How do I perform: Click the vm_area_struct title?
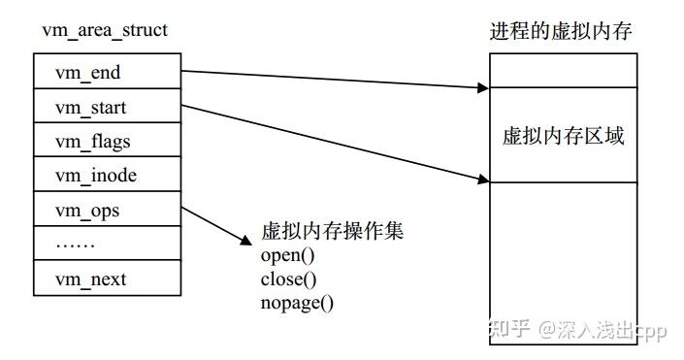104,30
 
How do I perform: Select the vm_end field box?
106,71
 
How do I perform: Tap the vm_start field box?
106,107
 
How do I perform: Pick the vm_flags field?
106,142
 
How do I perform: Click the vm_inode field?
106,176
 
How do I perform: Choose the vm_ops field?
106,210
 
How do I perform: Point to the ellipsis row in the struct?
106,244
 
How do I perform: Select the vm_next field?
106,279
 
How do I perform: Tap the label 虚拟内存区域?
562,135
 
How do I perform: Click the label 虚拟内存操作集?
332,233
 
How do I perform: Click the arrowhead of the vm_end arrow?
482,87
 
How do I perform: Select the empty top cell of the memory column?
562,70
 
